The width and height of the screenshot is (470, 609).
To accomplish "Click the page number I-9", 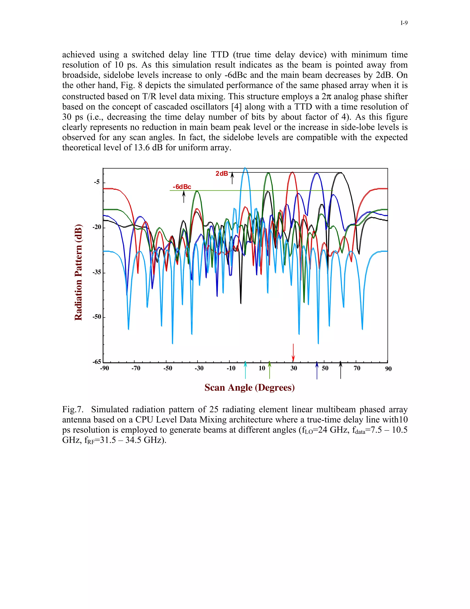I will pos(404,23).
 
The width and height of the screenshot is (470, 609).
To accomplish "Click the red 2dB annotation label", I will pos(222,174).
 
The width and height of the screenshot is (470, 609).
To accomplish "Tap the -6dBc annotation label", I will pos(182,187).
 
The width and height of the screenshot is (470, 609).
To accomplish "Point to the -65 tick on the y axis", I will pos(97,362).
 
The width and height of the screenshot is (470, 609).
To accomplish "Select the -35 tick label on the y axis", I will pos(97,272).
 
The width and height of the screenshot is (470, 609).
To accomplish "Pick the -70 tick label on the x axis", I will pos(136,368).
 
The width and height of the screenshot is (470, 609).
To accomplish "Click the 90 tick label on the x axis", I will pos(388,369).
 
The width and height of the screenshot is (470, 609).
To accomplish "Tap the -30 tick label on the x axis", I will pos(199,368).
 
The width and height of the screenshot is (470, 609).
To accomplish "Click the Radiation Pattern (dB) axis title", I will pos(78,272).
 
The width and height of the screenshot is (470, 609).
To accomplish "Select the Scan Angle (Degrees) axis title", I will pos(249,388).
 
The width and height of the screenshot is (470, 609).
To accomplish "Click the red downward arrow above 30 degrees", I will pos(293,353).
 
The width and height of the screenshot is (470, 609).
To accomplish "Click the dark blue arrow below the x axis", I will pos(317,370).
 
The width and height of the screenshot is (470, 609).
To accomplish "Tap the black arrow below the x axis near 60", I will pos(340,370).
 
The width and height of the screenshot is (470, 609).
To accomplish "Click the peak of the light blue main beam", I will pos(245,168).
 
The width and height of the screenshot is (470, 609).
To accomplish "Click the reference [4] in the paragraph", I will pos(237,107).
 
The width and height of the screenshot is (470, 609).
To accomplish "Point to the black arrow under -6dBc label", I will pos(184,197).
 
